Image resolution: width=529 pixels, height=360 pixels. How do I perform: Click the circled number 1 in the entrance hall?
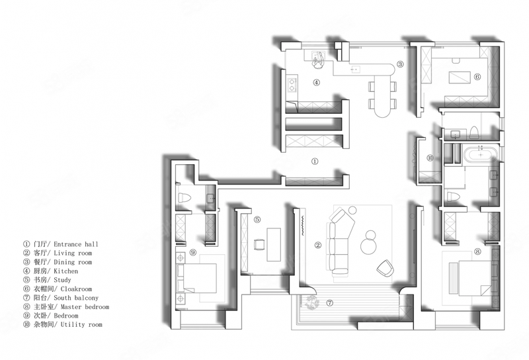(315, 161)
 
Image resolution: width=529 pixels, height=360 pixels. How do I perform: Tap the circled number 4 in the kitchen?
(316, 82)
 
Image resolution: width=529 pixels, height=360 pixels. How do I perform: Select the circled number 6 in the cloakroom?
(477, 77)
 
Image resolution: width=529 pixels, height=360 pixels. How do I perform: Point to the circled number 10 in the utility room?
(430, 157)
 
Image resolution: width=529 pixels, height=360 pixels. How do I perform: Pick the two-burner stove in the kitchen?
(292, 85)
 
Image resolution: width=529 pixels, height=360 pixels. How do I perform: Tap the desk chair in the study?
(259, 244)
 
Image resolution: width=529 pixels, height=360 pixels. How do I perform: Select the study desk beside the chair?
(274, 244)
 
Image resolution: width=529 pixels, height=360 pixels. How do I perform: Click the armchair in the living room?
(385, 267)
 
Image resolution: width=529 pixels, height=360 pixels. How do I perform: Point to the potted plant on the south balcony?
(311, 302)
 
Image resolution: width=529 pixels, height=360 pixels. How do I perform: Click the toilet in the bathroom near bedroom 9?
(184, 198)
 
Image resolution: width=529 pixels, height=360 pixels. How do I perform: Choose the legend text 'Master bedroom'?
(85, 306)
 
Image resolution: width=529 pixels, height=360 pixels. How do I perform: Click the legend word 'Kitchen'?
(65, 271)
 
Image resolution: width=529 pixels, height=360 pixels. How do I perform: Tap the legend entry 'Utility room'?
(81, 324)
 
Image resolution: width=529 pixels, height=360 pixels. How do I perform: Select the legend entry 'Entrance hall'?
(76, 244)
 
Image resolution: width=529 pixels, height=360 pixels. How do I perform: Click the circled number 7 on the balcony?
(330, 303)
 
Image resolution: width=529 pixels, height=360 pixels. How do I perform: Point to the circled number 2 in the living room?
(318, 245)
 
